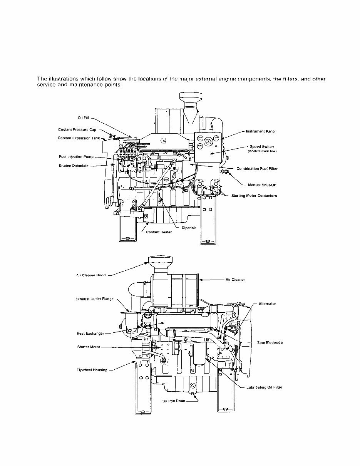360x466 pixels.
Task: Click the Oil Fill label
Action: coord(84,118)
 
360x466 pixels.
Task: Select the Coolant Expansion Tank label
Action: coord(79,138)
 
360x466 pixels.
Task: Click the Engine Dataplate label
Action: coord(74,166)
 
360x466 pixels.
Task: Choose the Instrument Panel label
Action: coord(260,131)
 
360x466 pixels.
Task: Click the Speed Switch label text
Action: coord(262,147)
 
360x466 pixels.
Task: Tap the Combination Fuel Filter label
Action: coord(257,169)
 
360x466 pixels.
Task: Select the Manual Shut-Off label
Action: coord(262,185)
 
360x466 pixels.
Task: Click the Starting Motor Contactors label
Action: coord(254,196)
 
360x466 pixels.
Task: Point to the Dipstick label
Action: coord(189,228)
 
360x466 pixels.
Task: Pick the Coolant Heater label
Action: coord(159,232)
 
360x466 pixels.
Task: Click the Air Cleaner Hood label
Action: coord(90,275)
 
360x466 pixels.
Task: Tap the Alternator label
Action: coord(267,303)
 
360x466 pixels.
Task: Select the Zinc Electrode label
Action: coord(270,343)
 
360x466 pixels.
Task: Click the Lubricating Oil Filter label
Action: coord(264,387)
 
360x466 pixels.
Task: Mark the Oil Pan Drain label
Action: coord(174,401)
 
